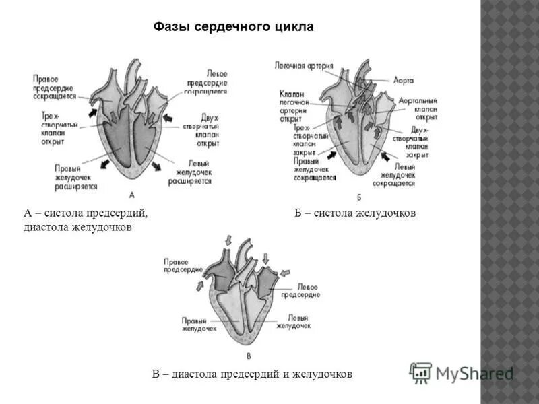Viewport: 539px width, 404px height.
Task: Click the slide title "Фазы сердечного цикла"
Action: click(234, 27)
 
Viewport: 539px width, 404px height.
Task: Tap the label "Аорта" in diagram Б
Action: click(402, 79)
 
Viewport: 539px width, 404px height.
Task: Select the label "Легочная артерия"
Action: click(304, 66)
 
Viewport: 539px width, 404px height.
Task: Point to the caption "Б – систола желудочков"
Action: click(355, 213)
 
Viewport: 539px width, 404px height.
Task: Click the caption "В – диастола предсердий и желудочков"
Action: click(252, 374)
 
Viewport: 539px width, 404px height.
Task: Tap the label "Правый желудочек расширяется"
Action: click(76, 177)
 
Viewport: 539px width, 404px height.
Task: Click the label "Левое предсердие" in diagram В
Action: click(300, 291)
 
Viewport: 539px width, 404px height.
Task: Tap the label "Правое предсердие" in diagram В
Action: click(183, 265)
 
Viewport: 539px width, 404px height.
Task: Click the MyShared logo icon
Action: click(421, 372)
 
